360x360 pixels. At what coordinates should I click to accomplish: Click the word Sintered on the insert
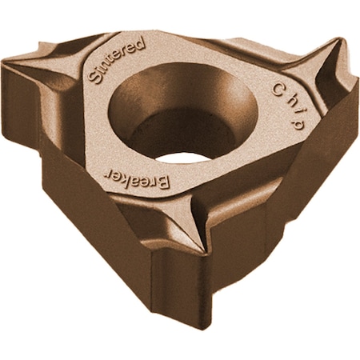[x=116, y=59]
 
